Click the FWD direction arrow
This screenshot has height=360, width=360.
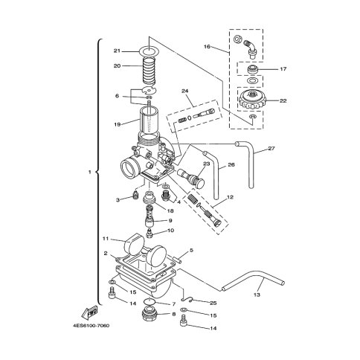89,312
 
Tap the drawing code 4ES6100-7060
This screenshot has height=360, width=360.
91,326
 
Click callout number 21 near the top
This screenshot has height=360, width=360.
117,51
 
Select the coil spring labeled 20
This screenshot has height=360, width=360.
150,71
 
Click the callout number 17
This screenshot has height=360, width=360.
283,69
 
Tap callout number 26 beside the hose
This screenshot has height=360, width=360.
231,164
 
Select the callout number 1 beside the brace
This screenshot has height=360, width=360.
90,172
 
